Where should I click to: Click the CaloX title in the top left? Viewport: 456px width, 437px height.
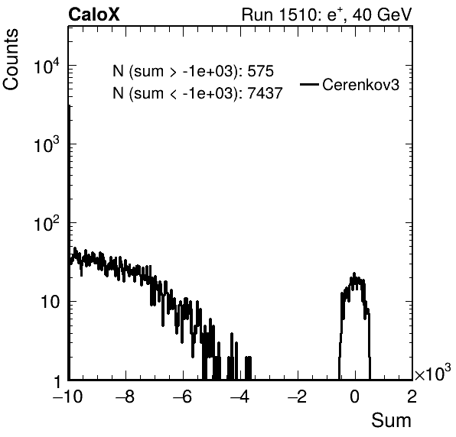point(93,15)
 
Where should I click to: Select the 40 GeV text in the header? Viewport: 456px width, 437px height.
point(382,15)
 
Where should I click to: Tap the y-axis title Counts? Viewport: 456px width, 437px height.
point(11,60)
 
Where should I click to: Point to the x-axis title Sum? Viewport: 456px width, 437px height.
point(391,420)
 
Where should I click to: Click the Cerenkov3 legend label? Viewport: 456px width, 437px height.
point(360,85)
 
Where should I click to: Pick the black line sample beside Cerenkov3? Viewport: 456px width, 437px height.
point(309,85)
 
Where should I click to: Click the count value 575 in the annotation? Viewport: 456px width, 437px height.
point(260,71)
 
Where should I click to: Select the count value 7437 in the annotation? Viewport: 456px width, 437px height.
point(265,93)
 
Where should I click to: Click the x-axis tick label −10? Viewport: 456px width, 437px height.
point(67,397)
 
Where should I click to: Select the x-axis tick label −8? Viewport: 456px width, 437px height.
point(125,397)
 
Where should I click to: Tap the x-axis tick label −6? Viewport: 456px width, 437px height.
point(183,397)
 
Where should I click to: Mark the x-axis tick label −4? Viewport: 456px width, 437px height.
point(240,397)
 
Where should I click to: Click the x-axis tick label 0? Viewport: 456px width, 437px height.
point(354,397)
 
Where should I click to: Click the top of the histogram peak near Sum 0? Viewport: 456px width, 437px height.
point(354,274)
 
